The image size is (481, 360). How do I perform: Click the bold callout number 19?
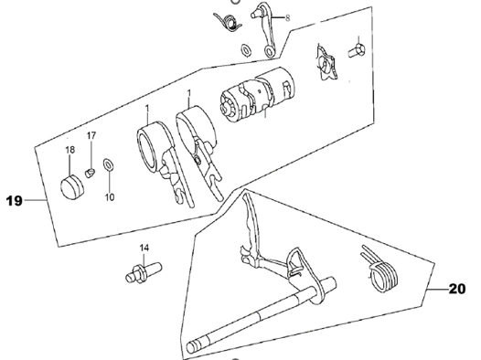[x=14, y=201]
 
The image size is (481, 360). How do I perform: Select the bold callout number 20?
[x=456, y=289]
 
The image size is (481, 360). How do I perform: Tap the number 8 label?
[x=287, y=18]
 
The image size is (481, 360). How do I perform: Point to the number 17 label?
[x=91, y=135]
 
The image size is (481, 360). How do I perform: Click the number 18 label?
[x=69, y=150]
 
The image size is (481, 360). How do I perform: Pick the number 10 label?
[x=110, y=197]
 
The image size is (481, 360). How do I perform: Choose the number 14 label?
[x=144, y=248]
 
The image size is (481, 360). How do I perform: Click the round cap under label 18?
[x=72, y=187]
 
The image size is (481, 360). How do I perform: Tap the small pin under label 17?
[x=90, y=173]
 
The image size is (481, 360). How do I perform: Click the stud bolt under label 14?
[x=144, y=271]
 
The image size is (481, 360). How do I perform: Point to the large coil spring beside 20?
[x=380, y=270]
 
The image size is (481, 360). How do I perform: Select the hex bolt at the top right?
[x=357, y=50]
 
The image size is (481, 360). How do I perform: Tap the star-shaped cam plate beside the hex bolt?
[x=327, y=63]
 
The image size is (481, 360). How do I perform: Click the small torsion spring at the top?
[x=228, y=22]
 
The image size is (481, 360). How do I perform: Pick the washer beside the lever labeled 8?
[x=246, y=50]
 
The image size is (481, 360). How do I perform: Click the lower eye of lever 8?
[x=270, y=51]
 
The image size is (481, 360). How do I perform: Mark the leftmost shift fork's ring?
[x=153, y=146]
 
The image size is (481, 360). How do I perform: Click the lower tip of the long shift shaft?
[x=191, y=347]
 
